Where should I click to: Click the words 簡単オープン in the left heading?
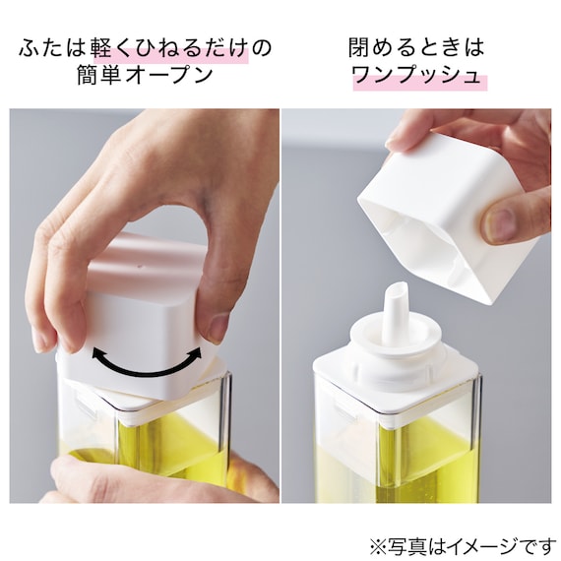[x=145, y=76]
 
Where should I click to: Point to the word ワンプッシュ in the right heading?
[x=416, y=76]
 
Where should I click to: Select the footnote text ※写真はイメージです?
[x=462, y=546]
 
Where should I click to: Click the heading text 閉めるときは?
[x=416, y=47]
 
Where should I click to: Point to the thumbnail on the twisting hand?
[x=218, y=327]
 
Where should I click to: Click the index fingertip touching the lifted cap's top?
[x=398, y=142]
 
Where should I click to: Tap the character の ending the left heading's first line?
[x=261, y=48]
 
